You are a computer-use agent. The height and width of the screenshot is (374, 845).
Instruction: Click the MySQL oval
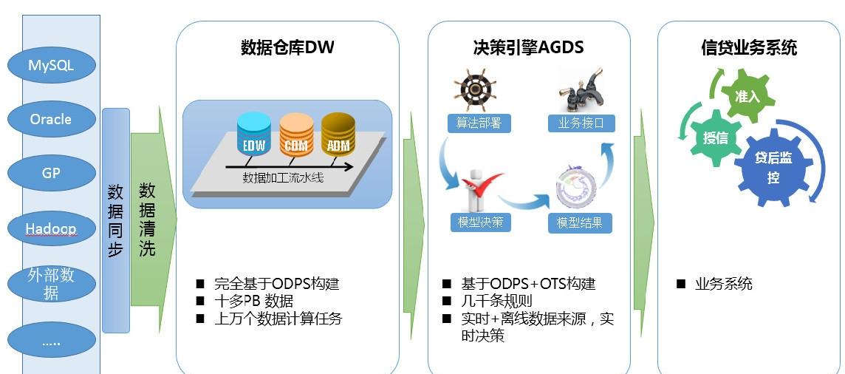pyautogui.click(x=51, y=65)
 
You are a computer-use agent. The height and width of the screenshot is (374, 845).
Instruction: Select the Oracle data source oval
pyautogui.click(x=51, y=118)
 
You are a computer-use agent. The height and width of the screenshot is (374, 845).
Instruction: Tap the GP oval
pyautogui.click(x=51, y=173)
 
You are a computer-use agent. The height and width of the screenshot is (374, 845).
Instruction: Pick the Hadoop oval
pyautogui.click(x=51, y=228)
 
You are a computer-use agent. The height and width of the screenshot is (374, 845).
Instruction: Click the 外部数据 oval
pyautogui.click(x=51, y=284)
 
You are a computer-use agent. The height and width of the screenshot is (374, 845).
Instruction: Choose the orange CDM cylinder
pyautogui.click(x=296, y=135)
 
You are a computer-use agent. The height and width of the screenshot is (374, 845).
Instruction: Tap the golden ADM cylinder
pyautogui.click(x=338, y=134)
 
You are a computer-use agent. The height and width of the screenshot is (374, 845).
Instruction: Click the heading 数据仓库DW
pyautogui.click(x=287, y=47)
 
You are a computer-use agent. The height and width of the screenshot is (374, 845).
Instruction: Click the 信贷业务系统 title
pyautogui.click(x=749, y=48)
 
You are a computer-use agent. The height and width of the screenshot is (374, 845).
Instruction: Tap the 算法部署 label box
pyautogui.click(x=479, y=123)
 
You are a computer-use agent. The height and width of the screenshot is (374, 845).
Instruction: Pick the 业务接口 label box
pyautogui.click(x=581, y=123)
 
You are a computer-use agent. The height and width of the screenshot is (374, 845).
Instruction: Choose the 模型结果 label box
pyautogui.click(x=580, y=222)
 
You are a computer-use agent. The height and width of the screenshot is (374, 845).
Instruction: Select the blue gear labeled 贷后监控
pyautogui.click(x=773, y=165)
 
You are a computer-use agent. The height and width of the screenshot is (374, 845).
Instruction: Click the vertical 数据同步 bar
pyautogui.click(x=116, y=220)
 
